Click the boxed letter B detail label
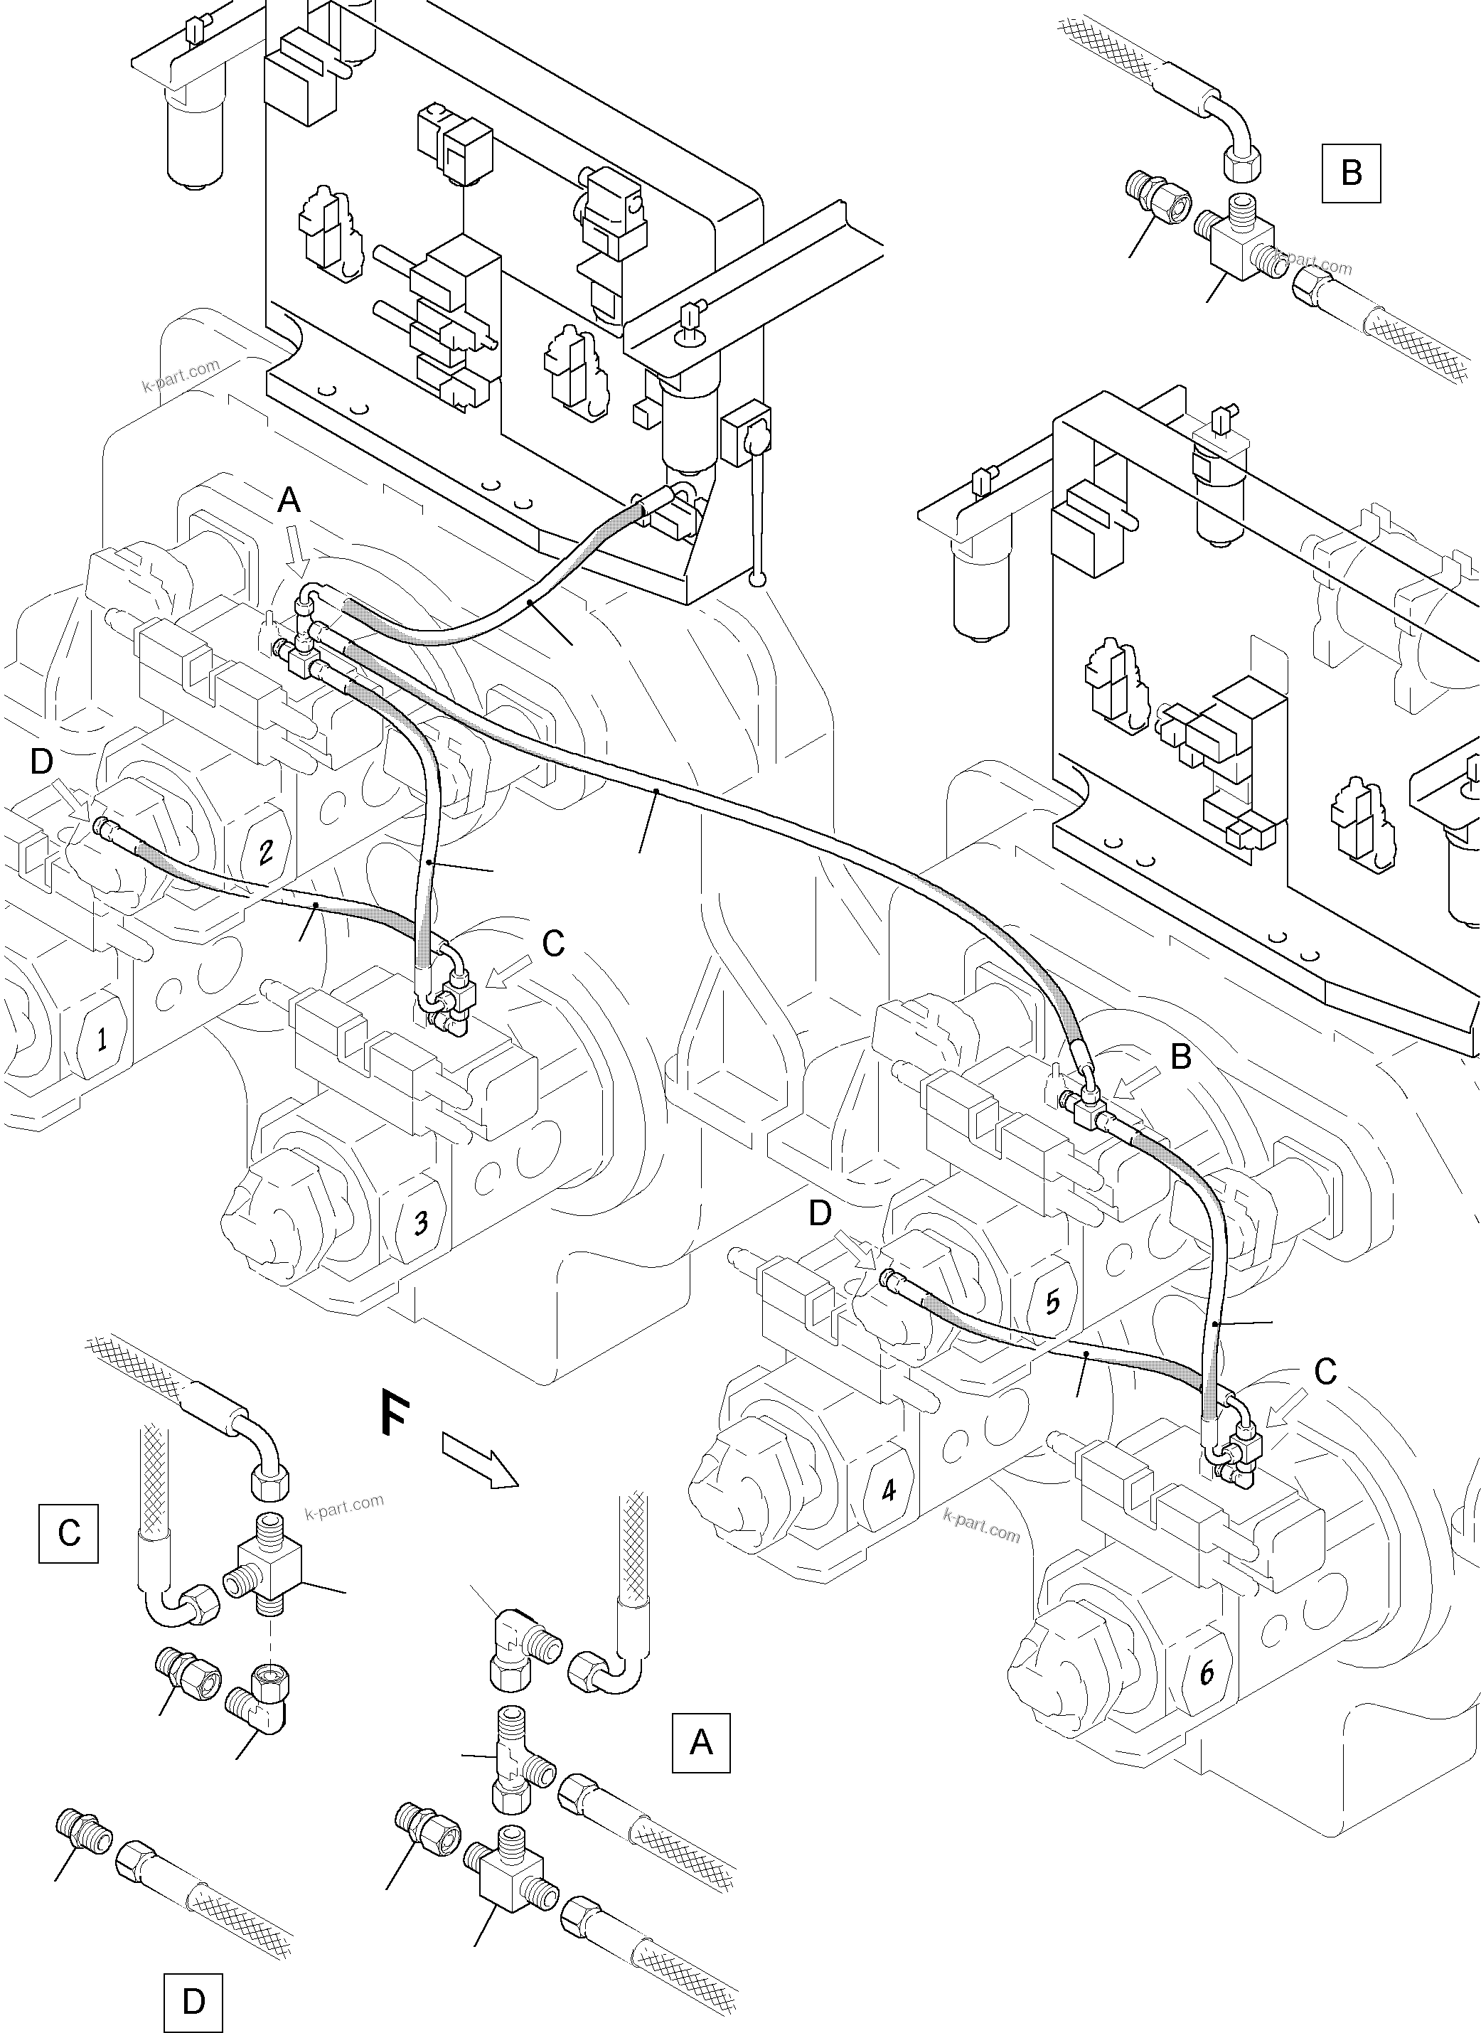1351,172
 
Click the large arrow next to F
481,1462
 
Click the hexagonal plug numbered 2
266,849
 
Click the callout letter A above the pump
289,500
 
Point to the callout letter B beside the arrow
1182,1057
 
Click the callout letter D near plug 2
42,761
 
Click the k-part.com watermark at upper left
180,376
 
